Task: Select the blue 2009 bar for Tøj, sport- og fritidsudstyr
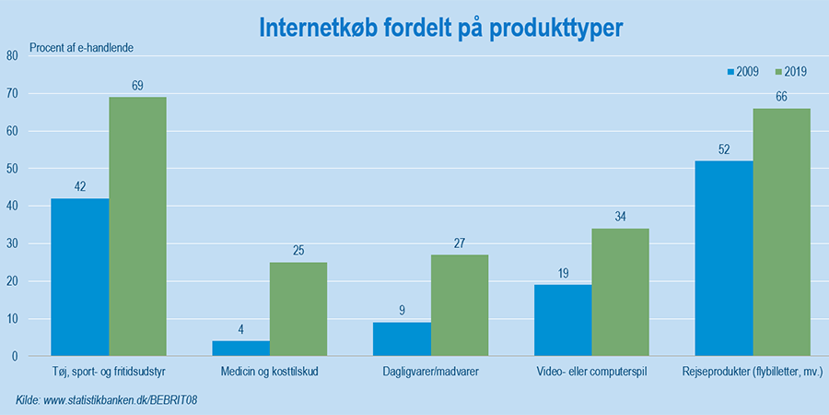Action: click(80, 277)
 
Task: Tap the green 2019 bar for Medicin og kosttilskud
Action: click(298, 309)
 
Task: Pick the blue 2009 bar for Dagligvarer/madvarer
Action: click(402, 338)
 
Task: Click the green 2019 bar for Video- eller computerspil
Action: click(620, 292)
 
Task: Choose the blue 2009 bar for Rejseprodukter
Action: click(724, 258)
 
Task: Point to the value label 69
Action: click(138, 86)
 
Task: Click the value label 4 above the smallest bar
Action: click(241, 330)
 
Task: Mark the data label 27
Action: click(460, 243)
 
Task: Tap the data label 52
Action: click(724, 149)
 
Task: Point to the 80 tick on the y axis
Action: click(12, 55)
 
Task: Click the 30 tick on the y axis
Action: click(12, 243)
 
